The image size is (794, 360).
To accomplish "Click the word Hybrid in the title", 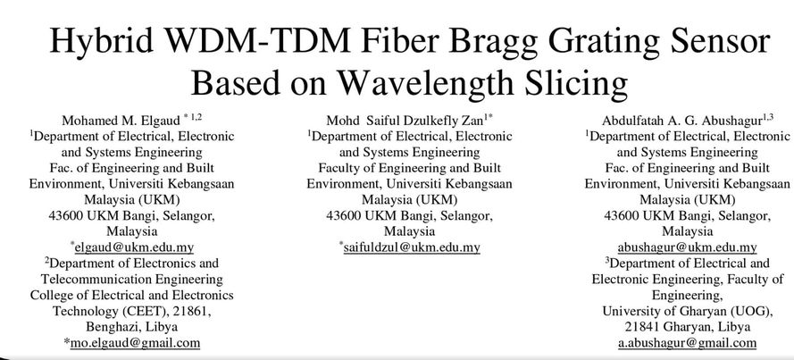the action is (102, 41).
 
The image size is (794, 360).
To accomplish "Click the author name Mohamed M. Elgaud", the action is (121, 121).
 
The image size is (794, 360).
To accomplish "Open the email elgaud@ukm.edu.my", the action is (134, 247).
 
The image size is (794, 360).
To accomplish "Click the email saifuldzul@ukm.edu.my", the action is (412, 247).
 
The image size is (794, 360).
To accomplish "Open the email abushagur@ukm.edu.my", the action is (687, 247).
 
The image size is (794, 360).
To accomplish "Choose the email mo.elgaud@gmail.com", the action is (135, 343).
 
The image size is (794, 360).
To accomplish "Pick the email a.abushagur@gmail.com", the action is (687, 343).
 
